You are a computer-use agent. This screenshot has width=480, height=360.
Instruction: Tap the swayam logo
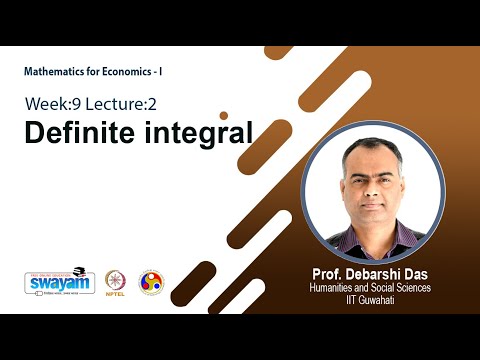point(59,282)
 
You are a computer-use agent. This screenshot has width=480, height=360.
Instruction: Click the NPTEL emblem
point(118,280)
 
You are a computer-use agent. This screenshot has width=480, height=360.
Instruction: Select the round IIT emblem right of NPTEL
point(150,282)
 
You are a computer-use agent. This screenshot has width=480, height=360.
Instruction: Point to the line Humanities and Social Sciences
point(371,289)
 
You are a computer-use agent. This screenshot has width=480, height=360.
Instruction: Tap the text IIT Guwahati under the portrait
point(371,301)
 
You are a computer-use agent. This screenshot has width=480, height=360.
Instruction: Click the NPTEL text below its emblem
point(118,297)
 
